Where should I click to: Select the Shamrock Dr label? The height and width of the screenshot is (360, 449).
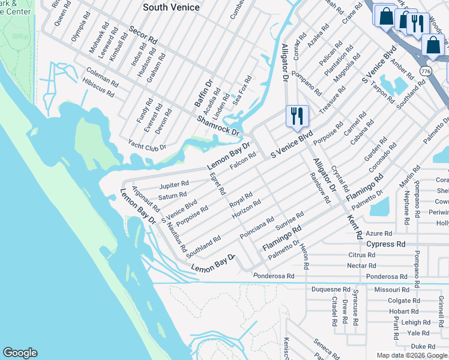pyautogui.click(x=218, y=125)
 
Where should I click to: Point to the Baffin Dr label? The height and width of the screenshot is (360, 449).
pyautogui.click(x=203, y=94)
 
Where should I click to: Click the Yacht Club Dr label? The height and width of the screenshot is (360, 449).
pyautogui.click(x=147, y=145)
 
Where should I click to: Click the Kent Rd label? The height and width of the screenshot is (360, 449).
pyautogui.click(x=354, y=223)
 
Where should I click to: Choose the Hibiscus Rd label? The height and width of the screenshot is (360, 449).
pyautogui.click(x=99, y=88)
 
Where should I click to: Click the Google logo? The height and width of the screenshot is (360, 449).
pyautogui.click(x=20, y=353)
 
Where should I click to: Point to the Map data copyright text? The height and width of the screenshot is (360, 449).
pyautogui.click(x=411, y=355)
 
